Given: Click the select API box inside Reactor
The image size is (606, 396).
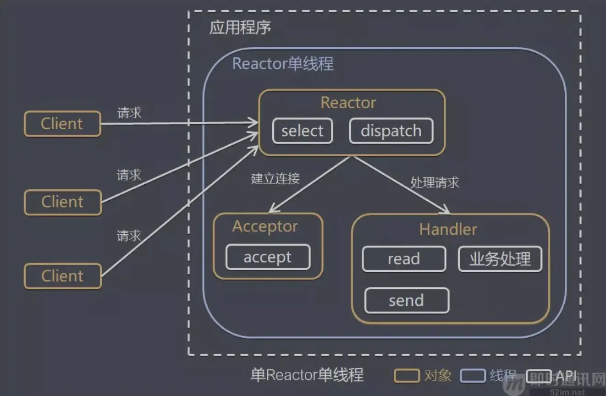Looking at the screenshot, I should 303,131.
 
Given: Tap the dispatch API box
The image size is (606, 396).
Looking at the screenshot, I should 391,131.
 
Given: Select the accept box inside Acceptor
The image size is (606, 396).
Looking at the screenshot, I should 268,257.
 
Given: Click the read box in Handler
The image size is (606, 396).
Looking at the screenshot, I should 404,259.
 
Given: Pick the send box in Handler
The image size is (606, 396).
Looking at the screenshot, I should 407,301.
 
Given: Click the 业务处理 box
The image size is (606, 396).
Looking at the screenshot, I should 500,259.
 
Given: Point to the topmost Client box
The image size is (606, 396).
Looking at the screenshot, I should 62,124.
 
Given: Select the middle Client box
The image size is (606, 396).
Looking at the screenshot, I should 62,202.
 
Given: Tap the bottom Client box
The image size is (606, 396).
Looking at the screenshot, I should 62,276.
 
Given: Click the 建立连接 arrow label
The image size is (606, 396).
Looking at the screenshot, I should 275,179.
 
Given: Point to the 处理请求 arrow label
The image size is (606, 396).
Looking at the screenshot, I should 435,182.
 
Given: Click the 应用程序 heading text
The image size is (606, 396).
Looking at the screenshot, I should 240,27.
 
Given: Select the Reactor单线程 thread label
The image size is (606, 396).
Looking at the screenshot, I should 283,64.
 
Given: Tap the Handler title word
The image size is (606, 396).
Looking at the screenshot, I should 448,229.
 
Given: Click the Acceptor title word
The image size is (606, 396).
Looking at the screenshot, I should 265,226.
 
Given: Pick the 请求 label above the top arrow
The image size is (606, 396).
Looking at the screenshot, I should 129,113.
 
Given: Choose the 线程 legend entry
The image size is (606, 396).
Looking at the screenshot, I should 503,376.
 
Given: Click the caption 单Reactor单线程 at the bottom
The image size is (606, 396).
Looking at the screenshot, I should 307,375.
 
